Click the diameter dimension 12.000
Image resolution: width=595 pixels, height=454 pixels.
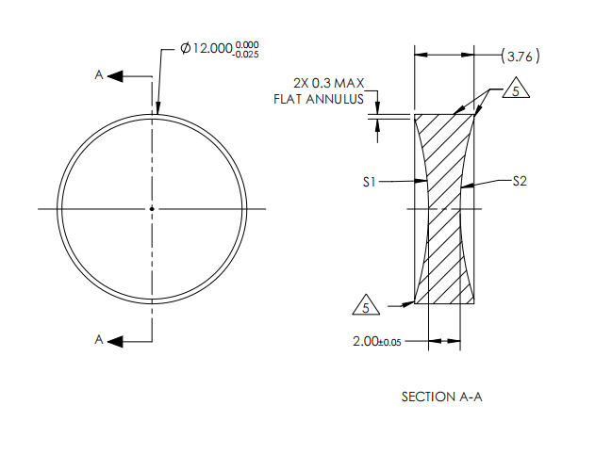[x=212, y=49]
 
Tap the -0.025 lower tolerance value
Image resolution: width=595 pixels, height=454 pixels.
[x=246, y=55]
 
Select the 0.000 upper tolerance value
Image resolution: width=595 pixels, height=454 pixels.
[x=247, y=45]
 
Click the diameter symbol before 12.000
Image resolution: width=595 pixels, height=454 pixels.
[x=185, y=48]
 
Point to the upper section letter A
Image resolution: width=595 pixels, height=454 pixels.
[x=99, y=75]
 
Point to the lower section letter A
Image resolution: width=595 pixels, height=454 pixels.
[x=99, y=339]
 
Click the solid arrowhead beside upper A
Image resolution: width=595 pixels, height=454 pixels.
[x=115, y=76]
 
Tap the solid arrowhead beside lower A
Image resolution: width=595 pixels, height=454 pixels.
[x=115, y=342]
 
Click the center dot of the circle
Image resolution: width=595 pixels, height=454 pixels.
[x=152, y=208]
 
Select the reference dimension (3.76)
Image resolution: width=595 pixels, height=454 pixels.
[x=520, y=57]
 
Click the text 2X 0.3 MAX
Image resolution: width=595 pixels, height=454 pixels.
[x=328, y=83]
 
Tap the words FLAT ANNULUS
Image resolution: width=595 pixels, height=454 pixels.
[x=319, y=99]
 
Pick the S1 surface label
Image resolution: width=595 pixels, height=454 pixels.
[x=369, y=183]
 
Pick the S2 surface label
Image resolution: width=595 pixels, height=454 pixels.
[x=520, y=181]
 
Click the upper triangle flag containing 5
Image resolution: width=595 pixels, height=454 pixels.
[x=516, y=88]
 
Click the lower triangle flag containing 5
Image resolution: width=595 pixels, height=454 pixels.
[x=366, y=304]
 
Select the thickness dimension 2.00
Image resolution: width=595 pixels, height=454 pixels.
[x=363, y=342]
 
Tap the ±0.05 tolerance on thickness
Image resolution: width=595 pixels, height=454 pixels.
[x=388, y=343]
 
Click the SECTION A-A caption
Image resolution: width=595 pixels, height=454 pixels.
[x=441, y=397]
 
